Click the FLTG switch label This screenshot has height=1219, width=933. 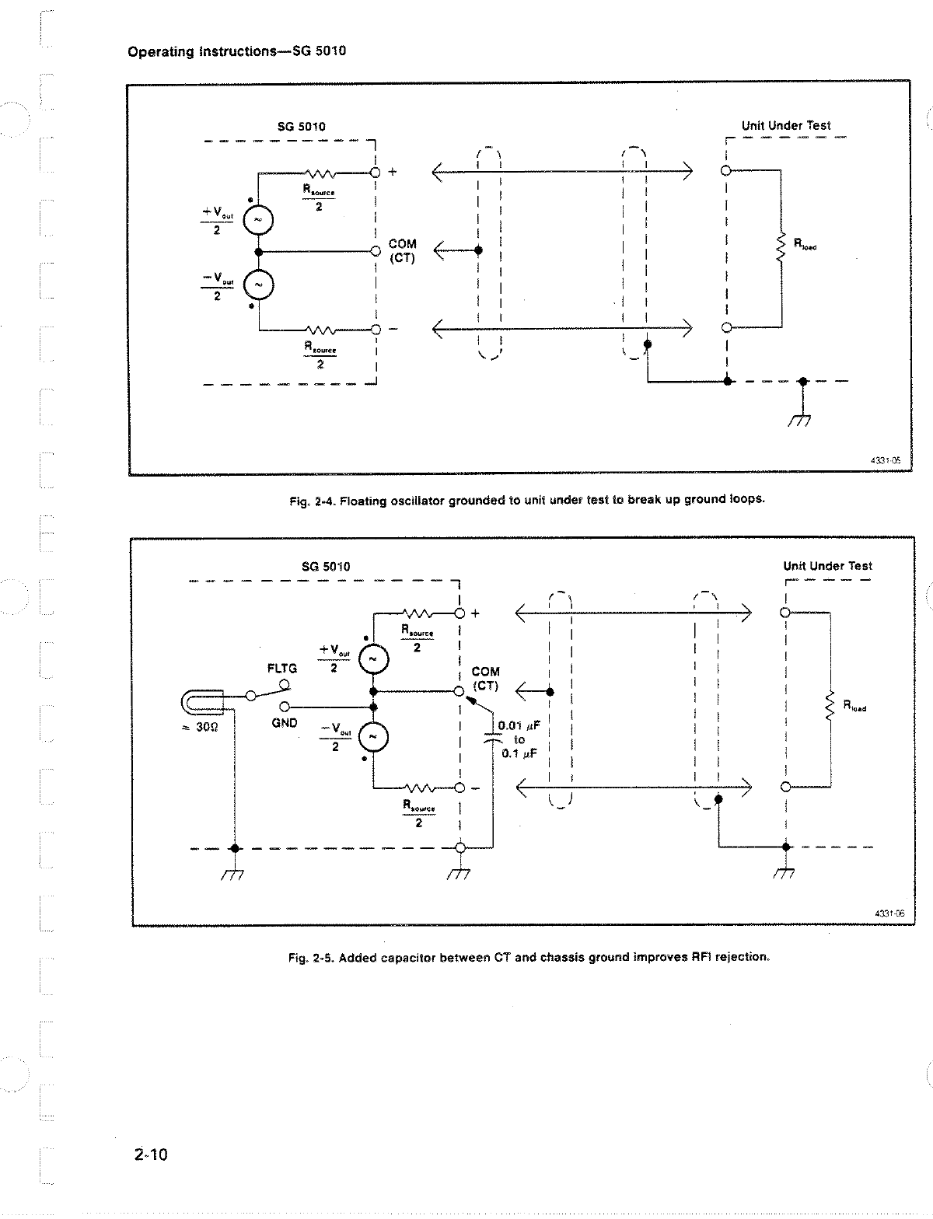pyautogui.click(x=282, y=669)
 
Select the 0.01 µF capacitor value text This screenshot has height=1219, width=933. pyautogui.click(x=519, y=726)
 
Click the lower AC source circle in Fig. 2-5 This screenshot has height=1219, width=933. pyautogui.click(x=373, y=736)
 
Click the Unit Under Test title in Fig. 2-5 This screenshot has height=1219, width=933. pyautogui.click(x=827, y=566)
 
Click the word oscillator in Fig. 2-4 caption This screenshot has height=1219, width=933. pyautogui.click(x=408, y=501)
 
